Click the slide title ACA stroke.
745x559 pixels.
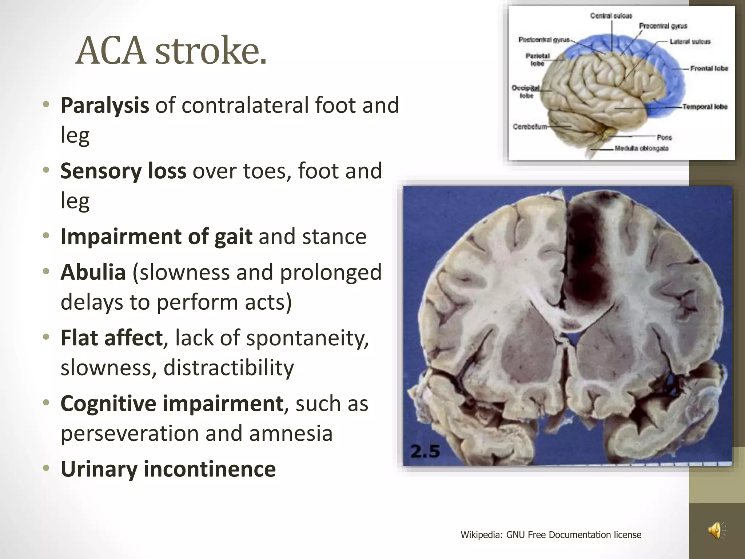(171, 51)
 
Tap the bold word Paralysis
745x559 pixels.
(105, 105)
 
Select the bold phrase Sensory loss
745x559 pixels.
(123, 171)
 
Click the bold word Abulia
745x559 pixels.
(93, 272)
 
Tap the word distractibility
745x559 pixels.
(228, 368)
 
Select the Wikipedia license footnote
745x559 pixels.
(551, 535)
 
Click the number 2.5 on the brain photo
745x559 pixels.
(425, 452)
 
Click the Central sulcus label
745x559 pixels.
(611, 16)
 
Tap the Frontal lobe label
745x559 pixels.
(709, 68)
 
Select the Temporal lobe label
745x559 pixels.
(705, 107)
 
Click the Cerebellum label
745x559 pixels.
(530, 127)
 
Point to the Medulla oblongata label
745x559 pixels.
(642, 148)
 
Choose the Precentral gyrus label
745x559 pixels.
(663, 26)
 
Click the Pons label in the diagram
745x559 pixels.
(664, 138)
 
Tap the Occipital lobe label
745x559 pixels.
(526, 92)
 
